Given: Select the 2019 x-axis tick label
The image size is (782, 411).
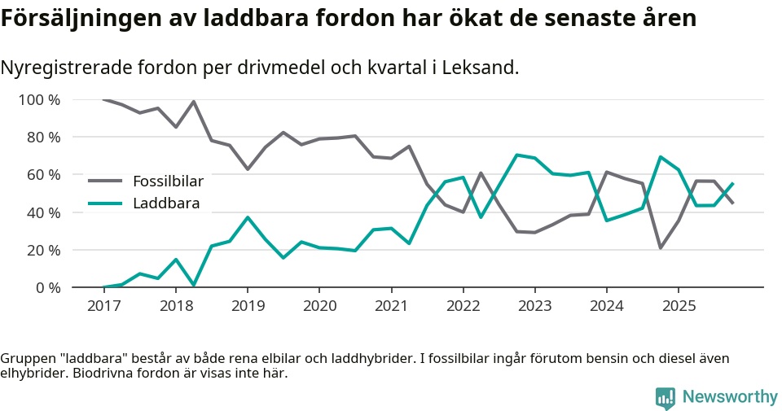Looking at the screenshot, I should point(247,306).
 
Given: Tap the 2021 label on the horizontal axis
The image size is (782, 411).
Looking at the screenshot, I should point(391,306).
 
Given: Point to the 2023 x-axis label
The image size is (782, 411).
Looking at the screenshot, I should point(534,306).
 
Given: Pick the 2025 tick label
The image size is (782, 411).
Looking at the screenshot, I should point(679,306).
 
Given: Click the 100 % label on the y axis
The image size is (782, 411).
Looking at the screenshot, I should point(39,100).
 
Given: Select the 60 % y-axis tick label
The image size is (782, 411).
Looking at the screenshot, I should point(43,175).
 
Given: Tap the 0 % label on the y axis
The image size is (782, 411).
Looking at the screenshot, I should point(47,287).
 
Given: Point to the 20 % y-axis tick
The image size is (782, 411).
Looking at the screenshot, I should point(43,250).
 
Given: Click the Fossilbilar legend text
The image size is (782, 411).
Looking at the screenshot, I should point(168,181).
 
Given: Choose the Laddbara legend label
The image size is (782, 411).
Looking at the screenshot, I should point(166,203).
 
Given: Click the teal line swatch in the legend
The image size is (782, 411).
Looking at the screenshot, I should point(105,203).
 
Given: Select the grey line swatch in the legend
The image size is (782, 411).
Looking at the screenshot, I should point(105,181).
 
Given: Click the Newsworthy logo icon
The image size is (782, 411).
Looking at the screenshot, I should point(665,397).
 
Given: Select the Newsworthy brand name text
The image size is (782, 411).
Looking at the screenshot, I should point(730,397).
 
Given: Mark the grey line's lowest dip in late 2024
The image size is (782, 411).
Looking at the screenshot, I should point(660,247).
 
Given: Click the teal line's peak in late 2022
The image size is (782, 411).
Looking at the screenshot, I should point(516,155).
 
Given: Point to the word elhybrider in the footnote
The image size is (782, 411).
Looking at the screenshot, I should point(33,374).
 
